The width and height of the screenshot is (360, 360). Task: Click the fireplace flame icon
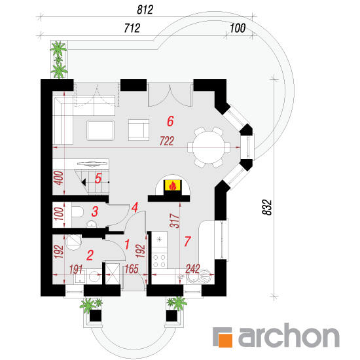pos(172,185)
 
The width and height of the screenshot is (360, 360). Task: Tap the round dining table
pos(208,147)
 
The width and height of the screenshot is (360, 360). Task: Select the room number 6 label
pos(170,121)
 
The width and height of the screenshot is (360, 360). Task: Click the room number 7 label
pos(187,242)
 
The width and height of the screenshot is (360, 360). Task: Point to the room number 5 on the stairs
pos(98,179)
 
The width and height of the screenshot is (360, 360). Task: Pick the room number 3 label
pos(95,211)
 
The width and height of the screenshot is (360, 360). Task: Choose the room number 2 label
pos(90,255)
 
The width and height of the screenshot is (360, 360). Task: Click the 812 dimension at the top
pos(145,10)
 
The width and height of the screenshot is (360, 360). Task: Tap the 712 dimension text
pos(132,28)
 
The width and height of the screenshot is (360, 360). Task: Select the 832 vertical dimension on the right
pos(267,207)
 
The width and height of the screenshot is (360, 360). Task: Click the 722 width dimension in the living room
pos(167,141)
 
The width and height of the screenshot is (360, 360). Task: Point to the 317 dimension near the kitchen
pos(175,221)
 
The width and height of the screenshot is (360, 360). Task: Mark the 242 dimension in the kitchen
pos(193,269)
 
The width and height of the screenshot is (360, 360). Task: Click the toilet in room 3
pos(77,211)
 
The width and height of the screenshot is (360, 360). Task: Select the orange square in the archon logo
pos(225,340)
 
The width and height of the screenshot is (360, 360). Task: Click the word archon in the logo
pos(289,335)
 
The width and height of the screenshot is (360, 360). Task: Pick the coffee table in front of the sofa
pos(100,130)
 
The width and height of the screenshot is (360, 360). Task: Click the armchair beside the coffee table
pos(139,130)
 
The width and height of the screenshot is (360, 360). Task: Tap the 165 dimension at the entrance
pos(132,269)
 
